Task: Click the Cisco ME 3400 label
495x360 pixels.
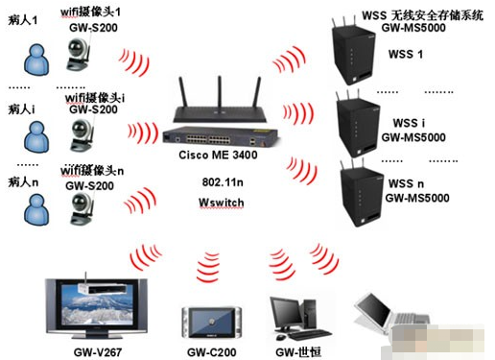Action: (218, 155)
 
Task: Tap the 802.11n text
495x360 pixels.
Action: (223, 182)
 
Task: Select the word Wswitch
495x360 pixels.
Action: (222, 203)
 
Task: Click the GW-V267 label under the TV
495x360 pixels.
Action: (98, 352)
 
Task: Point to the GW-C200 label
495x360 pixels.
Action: (212, 352)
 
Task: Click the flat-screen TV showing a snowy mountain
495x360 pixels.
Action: (96, 306)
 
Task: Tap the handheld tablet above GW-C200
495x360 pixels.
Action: (212, 323)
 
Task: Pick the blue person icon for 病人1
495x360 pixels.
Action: (36, 60)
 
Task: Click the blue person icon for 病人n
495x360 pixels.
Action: (36, 210)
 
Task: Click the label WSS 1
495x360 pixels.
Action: (406, 54)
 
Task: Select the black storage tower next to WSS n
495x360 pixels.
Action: (362, 194)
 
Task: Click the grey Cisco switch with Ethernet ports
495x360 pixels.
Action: (221, 137)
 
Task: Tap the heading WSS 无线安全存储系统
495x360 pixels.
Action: (422, 15)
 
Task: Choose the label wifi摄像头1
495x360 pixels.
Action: (90, 12)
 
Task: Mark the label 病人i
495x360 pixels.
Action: (21, 109)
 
